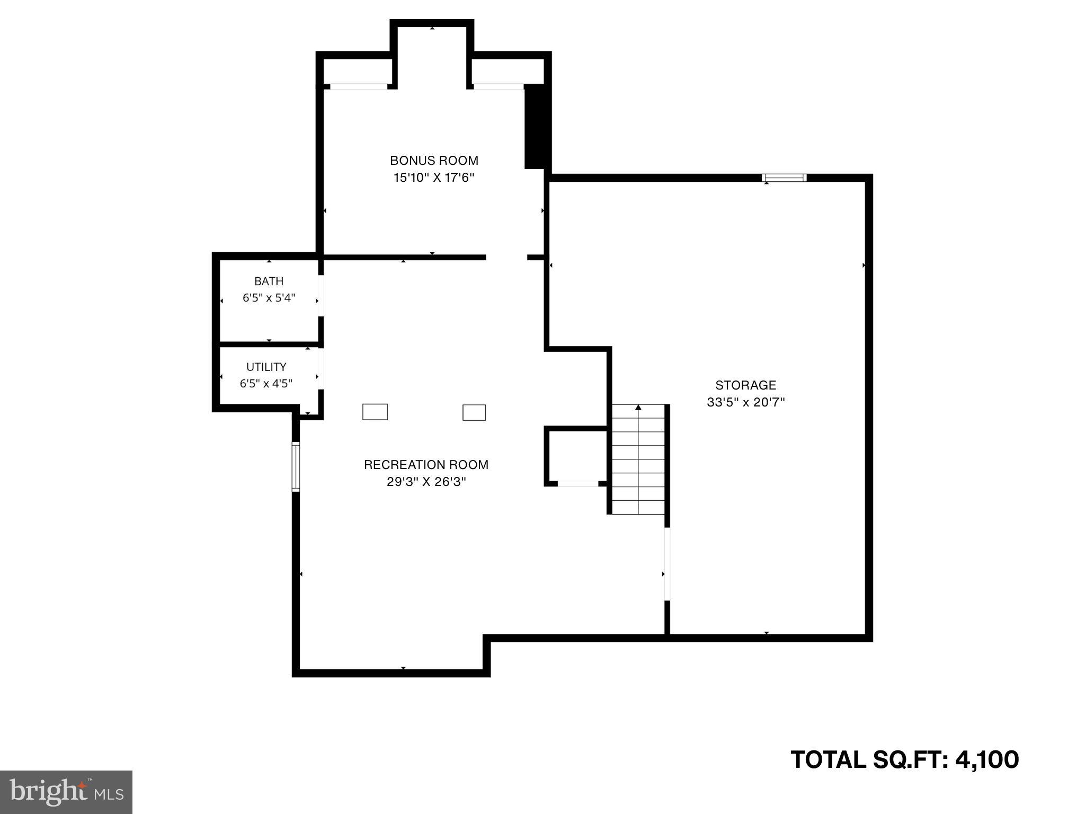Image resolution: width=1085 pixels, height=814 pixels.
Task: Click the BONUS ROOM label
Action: (x=434, y=160)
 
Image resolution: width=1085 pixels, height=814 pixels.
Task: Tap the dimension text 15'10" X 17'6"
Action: (x=433, y=178)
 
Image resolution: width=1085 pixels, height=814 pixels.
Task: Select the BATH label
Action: (x=269, y=281)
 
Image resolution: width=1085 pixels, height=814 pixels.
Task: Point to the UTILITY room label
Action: (x=266, y=367)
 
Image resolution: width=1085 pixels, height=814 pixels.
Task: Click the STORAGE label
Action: (x=745, y=385)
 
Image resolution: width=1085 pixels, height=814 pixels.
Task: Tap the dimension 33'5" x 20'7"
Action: (x=745, y=402)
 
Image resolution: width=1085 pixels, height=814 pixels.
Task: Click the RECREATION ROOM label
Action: (x=426, y=465)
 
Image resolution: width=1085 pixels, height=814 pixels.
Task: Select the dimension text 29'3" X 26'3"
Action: (x=426, y=482)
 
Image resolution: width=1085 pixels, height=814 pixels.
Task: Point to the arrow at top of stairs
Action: (x=638, y=408)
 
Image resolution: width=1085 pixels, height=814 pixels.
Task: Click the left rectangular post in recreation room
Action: (x=375, y=412)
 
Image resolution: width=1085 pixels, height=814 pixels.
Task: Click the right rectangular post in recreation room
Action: (x=474, y=412)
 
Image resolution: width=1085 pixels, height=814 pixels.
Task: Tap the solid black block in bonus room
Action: (x=534, y=126)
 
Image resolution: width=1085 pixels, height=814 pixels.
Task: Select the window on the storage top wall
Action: (x=784, y=178)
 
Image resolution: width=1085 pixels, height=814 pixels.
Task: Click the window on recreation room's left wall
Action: (x=296, y=467)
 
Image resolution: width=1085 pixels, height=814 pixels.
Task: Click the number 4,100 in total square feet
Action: (x=986, y=759)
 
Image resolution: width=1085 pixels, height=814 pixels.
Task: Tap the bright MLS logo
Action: (x=66, y=792)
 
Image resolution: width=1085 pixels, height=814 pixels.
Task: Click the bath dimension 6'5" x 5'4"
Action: (x=269, y=298)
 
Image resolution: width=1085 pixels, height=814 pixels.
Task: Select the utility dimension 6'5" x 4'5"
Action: (x=266, y=384)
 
